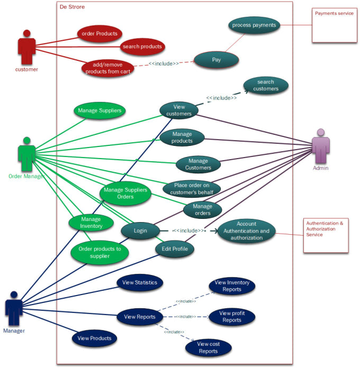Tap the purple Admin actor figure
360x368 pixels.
320,146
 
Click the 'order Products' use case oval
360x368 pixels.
100,34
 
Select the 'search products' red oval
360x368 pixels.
142,47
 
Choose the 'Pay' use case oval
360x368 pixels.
217,60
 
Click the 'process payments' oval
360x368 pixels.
254,25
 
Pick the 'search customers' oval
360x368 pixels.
265,86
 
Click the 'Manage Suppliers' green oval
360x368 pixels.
100,111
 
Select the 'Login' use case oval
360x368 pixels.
140,231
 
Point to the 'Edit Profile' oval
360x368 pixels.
175,249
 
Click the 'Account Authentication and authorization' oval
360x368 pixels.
246,231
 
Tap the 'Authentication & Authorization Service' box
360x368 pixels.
326,235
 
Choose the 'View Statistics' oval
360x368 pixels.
140,282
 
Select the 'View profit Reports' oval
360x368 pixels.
232,317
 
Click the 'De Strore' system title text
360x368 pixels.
72,7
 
